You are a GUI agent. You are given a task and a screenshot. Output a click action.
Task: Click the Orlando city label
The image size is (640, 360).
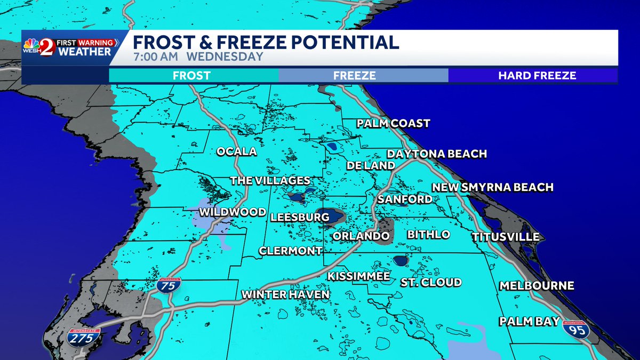click(361, 236)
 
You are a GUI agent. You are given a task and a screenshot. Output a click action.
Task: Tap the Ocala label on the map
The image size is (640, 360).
click(236, 151)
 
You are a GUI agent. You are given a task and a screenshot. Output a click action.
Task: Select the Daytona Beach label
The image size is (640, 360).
click(437, 154)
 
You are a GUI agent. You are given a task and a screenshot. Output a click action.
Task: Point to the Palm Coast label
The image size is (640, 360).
click(393, 124)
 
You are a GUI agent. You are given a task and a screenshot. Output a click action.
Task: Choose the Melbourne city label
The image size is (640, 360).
click(537, 286)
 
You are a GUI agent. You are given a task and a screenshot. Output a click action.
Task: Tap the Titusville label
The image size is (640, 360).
click(506, 237)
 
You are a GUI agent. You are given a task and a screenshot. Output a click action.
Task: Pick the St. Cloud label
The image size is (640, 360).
click(431, 282)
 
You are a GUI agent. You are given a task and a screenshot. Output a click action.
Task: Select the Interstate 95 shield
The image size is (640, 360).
click(575, 330)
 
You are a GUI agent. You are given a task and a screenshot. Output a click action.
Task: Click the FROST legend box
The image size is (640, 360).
click(191, 76)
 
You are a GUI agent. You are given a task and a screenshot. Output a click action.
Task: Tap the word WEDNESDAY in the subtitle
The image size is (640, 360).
click(232, 57)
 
